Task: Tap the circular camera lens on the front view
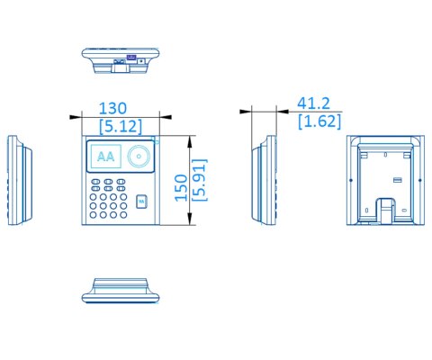[x=139, y=157]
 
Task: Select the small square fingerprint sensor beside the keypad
[x=139, y=202]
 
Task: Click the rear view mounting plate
[x=383, y=180]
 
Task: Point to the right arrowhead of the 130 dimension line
[x=155, y=115]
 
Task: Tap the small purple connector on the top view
[x=132, y=58]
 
